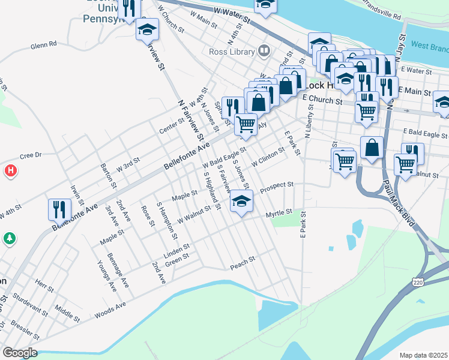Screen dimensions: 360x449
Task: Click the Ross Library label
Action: [232, 52]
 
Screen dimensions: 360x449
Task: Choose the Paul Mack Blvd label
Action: [399, 203]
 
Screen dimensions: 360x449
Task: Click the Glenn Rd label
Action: [43, 44]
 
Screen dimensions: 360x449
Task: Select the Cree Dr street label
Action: [30, 155]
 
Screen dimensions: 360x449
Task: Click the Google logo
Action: [19, 352]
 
